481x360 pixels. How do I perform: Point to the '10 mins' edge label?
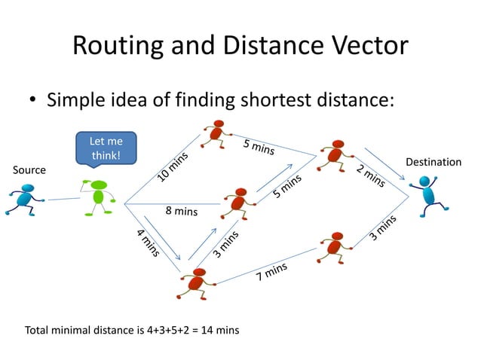click(x=173, y=167)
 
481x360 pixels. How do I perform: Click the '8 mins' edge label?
click(x=181, y=212)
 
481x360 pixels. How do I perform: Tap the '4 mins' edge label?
click(x=148, y=242)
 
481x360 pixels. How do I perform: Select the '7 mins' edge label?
click(x=271, y=271)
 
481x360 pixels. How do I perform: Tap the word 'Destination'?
click(x=434, y=162)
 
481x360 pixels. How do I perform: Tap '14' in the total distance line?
click(x=205, y=330)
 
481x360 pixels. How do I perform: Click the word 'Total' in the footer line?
click(x=38, y=330)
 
